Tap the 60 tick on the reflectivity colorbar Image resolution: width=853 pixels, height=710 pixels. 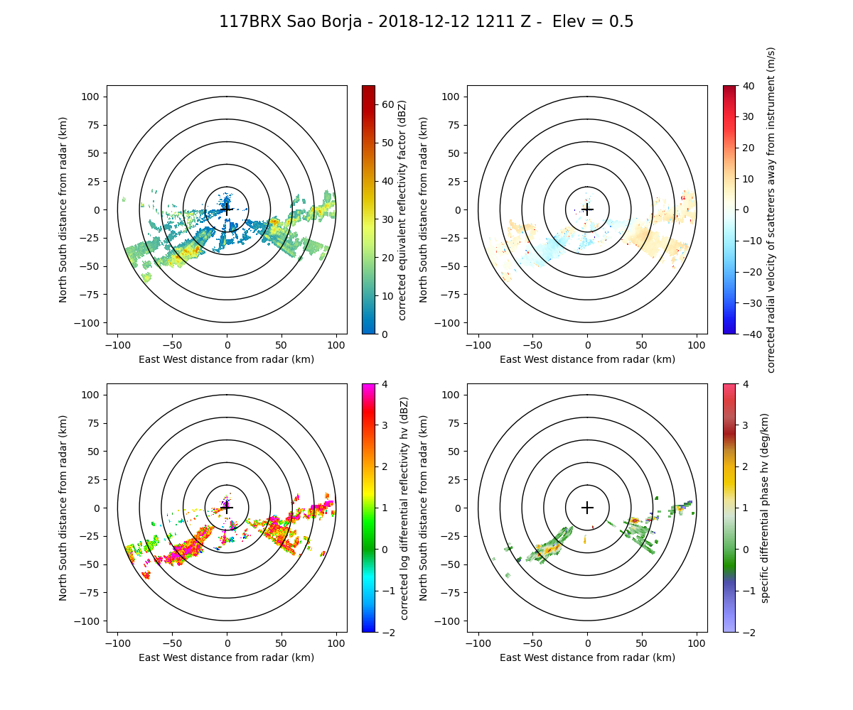click(384, 104)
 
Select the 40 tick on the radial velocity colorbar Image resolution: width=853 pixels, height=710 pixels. click(744, 85)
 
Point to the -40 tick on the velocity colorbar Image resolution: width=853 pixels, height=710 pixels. click(746, 334)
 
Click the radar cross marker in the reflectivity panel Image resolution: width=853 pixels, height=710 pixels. click(227, 209)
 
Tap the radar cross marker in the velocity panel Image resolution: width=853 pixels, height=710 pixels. click(587, 209)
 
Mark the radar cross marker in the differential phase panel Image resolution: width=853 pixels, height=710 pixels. click(587, 508)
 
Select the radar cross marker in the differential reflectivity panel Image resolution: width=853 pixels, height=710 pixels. click(227, 508)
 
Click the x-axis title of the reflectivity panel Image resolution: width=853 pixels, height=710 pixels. click(227, 359)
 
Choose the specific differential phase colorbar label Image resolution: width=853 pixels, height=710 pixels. click(765, 508)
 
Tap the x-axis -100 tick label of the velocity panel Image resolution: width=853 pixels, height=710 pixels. click(478, 345)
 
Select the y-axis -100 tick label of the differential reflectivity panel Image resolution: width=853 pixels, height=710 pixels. click(91, 621)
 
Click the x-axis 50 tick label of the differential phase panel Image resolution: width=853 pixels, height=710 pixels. click(642, 643)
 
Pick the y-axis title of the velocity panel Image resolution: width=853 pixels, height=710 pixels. click(424, 209)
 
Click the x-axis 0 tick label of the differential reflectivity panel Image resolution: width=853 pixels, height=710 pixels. click(227, 643)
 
